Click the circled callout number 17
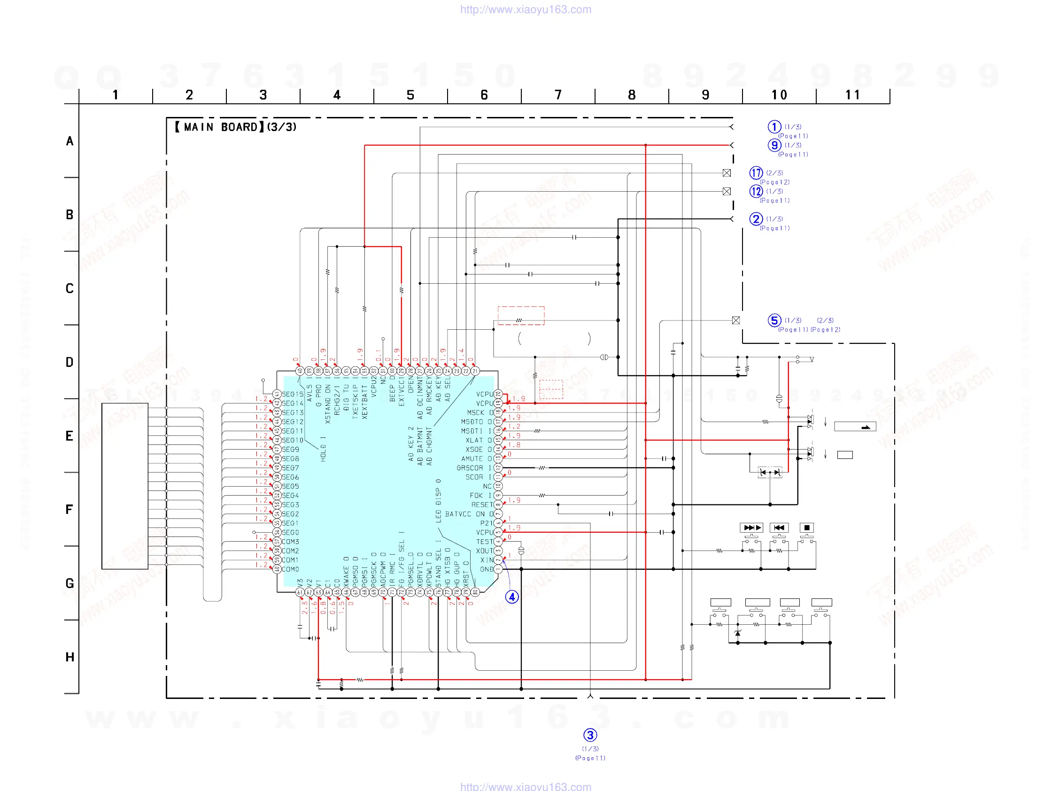(x=756, y=173)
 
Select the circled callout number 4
(x=512, y=597)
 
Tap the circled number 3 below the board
(x=590, y=735)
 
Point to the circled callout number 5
(x=774, y=320)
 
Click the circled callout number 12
(x=756, y=191)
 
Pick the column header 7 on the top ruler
(x=558, y=95)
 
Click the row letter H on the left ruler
(x=70, y=657)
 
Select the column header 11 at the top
(x=852, y=95)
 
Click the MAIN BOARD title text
(x=235, y=127)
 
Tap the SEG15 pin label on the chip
(x=292, y=394)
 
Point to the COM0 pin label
(x=290, y=569)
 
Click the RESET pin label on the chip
(x=482, y=504)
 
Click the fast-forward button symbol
(x=751, y=527)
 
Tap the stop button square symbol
(x=806, y=527)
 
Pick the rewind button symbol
(x=779, y=527)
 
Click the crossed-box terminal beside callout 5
(x=736, y=320)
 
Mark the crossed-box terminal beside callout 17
(x=727, y=173)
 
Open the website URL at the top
(x=526, y=9)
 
